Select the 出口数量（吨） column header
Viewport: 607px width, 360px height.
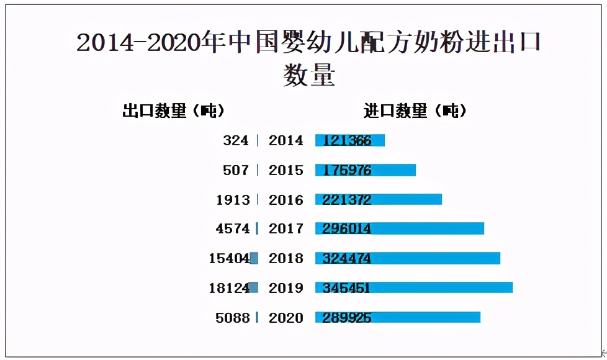click(x=173, y=111)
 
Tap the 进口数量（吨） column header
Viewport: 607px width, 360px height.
click(x=415, y=111)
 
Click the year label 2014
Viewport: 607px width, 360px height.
click(x=286, y=141)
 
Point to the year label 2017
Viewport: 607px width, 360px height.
click(x=286, y=229)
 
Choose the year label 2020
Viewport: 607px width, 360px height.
click(x=286, y=318)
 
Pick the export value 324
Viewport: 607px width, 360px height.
click(x=236, y=141)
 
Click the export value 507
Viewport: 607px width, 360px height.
click(x=236, y=170)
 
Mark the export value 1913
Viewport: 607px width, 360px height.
click(x=233, y=200)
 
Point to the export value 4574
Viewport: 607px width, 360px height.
click(x=233, y=229)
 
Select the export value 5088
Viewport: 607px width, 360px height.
click(x=233, y=318)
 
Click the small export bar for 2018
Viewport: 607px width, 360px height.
click(x=254, y=258)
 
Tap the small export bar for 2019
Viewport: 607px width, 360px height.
click(x=253, y=287)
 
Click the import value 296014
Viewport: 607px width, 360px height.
click(x=346, y=229)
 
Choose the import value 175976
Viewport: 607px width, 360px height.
click(x=346, y=170)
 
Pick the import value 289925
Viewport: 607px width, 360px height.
click(x=346, y=318)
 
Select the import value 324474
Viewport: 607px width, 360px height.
click(x=346, y=258)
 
